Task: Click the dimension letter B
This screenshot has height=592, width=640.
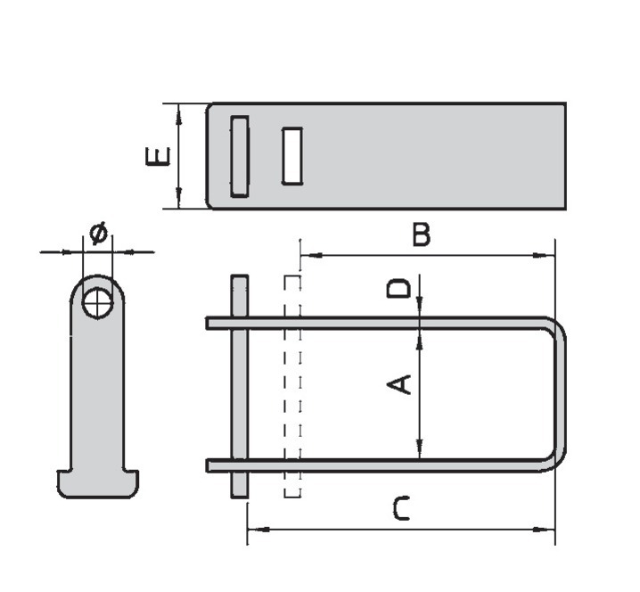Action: tap(421, 235)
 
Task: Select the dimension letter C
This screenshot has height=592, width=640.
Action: tap(402, 509)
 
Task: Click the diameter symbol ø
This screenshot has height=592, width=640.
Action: tap(98, 234)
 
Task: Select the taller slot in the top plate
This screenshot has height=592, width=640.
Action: tap(239, 156)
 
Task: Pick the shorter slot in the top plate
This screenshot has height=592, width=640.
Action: tap(291, 156)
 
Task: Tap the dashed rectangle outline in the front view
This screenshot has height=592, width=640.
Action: tap(292, 386)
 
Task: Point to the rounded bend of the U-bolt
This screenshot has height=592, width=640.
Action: tap(560, 392)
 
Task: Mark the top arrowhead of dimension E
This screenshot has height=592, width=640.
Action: tap(179, 111)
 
